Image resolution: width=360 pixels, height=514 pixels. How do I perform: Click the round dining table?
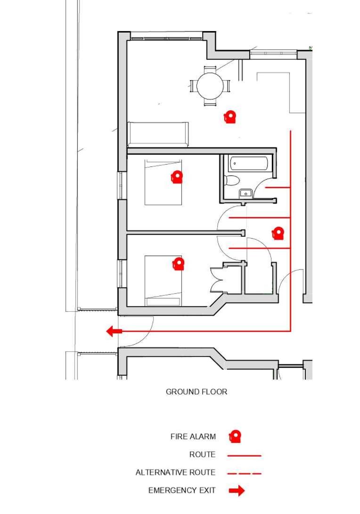(210, 85)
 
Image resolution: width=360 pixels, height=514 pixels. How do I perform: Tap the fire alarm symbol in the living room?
(229, 117)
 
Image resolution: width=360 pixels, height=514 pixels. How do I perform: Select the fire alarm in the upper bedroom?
(176, 177)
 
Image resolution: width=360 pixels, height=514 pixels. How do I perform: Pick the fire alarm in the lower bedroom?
(178, 264)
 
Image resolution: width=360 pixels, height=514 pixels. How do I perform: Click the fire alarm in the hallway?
(278, 233)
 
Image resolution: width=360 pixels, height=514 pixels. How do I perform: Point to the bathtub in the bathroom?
(248, 164)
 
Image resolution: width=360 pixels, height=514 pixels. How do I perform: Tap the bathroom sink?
(246, 193)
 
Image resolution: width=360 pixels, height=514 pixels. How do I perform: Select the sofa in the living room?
(158, 134)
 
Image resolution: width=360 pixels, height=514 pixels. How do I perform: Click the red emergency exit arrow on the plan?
(114, 331)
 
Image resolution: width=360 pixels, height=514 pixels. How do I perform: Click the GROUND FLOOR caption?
(196, 392)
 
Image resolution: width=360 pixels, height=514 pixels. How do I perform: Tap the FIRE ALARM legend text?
(193, 437)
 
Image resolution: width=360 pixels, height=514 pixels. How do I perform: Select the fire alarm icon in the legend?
(235, 436)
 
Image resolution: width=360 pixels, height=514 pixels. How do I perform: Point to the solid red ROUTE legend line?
(244, 456)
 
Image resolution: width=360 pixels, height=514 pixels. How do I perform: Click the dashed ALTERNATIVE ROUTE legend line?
(244, 473)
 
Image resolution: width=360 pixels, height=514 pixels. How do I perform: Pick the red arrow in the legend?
(237, 491)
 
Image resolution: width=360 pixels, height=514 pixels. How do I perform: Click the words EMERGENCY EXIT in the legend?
(182, 491)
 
